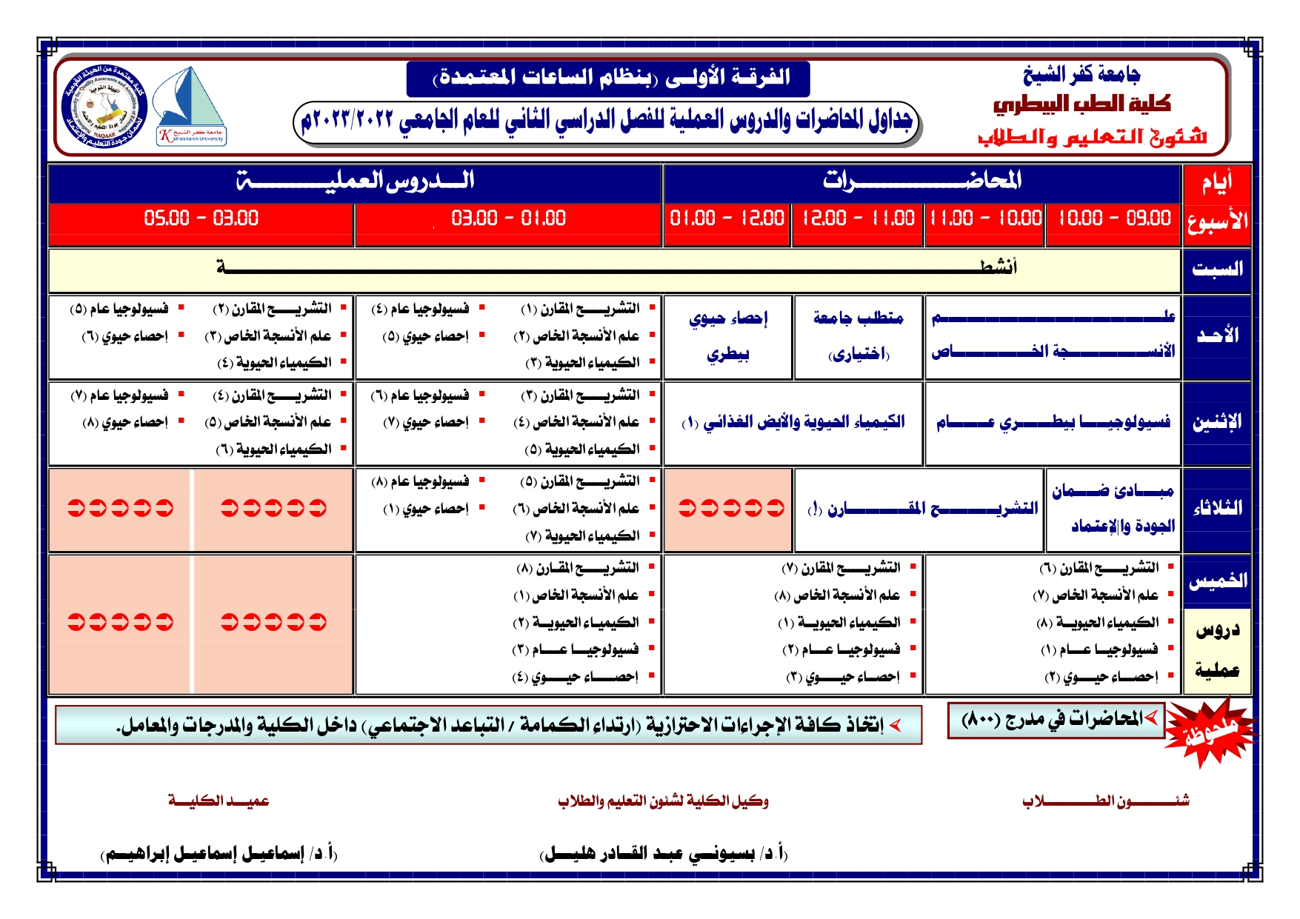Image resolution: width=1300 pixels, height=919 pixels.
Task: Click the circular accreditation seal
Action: [104, 107]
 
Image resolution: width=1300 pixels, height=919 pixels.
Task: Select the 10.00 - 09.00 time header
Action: [1113, 218]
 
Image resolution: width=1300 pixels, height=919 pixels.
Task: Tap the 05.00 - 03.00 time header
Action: [201, 218]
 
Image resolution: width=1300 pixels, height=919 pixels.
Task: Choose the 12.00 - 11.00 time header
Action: [858, 218]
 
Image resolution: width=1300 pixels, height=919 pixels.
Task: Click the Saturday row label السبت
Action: [1217, 270]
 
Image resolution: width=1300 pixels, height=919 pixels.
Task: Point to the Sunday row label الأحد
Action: [1217, 335]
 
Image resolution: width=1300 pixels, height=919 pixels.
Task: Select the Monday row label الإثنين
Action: [1217, 422]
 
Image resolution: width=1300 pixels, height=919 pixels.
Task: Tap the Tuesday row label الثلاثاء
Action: [1217, 509]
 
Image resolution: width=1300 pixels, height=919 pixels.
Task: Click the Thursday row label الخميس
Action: [1217, 581]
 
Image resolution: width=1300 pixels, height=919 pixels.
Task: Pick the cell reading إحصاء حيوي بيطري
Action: [728, 336]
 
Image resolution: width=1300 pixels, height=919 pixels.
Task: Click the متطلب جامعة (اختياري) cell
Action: [858, 336]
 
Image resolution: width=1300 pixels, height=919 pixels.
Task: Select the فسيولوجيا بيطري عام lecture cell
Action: [1053, 423]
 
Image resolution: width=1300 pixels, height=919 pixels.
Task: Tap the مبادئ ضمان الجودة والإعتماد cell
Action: [1113, 509]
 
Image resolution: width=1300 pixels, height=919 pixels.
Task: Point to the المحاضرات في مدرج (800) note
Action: [1056, 720]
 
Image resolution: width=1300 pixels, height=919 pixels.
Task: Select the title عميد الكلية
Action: [219, 801]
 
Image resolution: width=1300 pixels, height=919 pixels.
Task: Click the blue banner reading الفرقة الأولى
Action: [608, 78]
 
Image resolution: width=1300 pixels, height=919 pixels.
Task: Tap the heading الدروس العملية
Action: [355, 181]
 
